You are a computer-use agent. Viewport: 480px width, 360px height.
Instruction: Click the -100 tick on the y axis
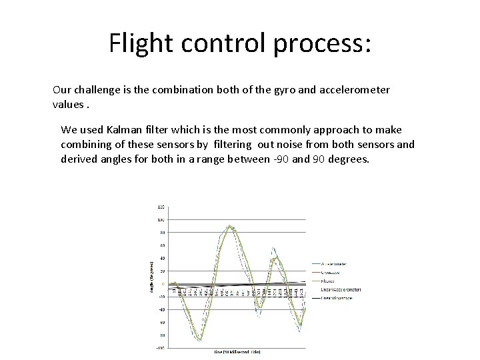161,347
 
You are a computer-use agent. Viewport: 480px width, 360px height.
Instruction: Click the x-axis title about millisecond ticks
237,351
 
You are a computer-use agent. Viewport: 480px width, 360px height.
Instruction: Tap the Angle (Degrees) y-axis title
151,276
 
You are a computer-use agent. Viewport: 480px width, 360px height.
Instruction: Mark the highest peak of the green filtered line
230,227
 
